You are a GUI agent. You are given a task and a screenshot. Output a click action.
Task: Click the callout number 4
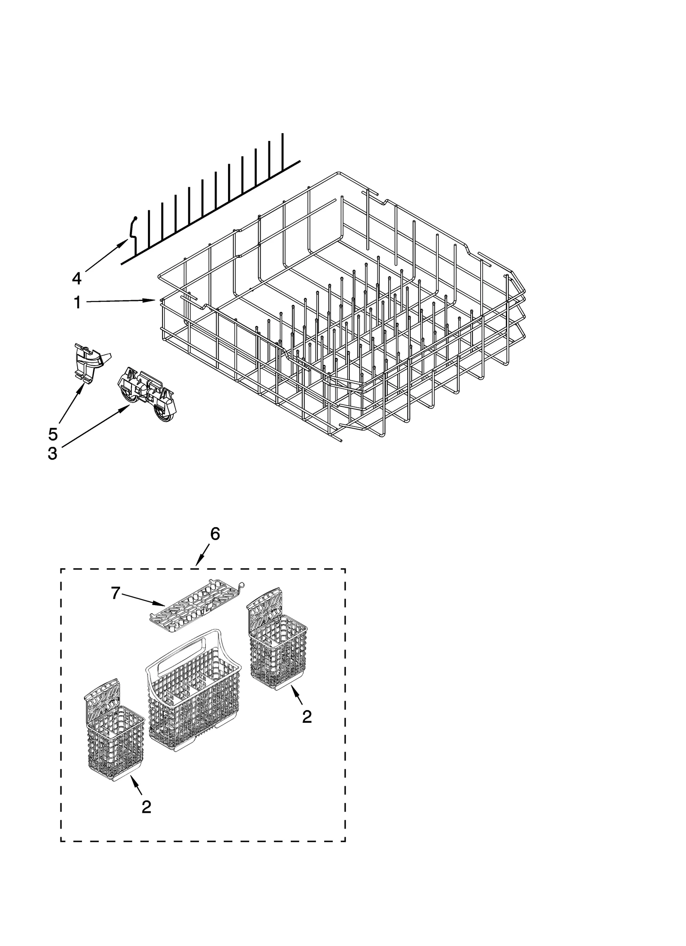(76, 278)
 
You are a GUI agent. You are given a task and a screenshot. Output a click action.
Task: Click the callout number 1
(77, 302)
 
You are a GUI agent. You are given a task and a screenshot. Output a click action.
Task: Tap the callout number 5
(52, 434)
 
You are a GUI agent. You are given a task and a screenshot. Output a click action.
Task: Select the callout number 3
(52, 453)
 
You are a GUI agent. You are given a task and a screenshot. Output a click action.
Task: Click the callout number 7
(115, 593)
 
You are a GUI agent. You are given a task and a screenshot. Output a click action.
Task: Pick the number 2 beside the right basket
(307, 717)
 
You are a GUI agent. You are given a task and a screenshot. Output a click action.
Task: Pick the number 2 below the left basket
(146, 807)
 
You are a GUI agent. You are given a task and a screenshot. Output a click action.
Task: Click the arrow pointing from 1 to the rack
(120, 301)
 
